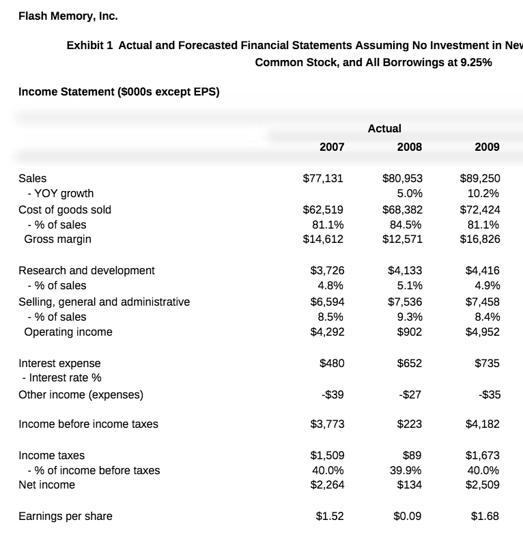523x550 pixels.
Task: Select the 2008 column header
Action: (x=409, y=147)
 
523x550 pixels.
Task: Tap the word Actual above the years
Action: (x=384, y=128)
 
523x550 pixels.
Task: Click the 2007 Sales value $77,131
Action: (x=323, y=179)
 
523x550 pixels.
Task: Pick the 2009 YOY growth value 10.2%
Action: (x=484, y=194)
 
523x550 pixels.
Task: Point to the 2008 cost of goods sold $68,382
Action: (x=402, y=209)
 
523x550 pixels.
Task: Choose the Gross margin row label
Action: (x=57, y=240)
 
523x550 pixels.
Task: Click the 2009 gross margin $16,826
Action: (x=480, y=240)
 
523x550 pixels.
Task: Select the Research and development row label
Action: (x=87, y=270)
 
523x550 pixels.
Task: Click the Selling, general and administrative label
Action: (x=104, y=302)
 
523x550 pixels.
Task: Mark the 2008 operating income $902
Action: (x=409, y=332)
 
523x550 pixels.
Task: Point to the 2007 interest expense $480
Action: (x=332, y=363)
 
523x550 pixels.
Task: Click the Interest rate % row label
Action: (x=61, y=378)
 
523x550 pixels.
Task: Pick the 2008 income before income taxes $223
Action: (x=409, y=424)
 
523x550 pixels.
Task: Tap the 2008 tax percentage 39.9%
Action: (x=406, y=470)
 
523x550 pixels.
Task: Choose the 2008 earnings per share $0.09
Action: (x=408, y=516)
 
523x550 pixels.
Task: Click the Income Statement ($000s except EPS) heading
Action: (x=119, y=92)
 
